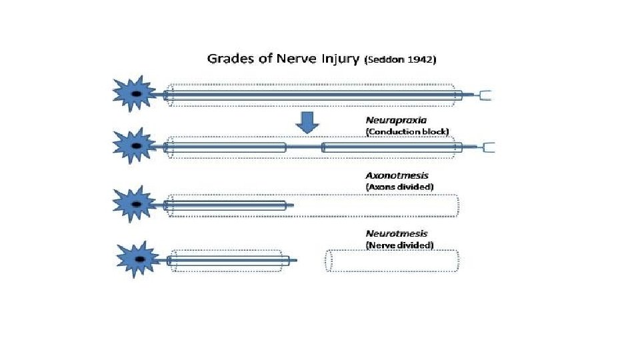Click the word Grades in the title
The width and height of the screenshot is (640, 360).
[227, 58]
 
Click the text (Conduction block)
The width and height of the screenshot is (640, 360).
[407, 131]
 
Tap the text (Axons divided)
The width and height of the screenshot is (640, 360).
[400, 187]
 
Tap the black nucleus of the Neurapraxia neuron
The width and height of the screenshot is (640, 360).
[136, 146]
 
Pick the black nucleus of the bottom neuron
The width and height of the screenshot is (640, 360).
[140, 259]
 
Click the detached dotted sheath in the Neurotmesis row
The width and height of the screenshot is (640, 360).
[393, 261]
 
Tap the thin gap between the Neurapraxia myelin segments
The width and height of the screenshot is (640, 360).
[304, 147]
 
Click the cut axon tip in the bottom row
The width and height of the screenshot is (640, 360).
[293, 261]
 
